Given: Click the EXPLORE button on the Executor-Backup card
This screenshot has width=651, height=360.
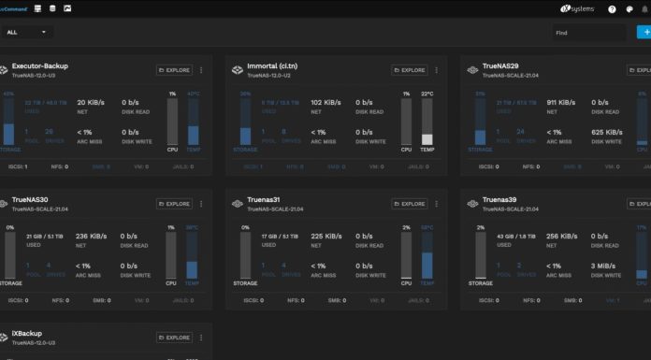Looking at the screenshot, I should tap(174, 70).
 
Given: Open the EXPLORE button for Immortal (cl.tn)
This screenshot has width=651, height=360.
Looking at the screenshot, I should tap(408, 70).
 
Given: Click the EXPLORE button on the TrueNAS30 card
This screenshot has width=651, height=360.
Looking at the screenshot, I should tap(174, 203).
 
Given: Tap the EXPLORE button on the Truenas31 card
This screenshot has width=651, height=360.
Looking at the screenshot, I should tap(408, 203).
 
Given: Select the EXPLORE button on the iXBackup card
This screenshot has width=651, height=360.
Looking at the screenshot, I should tap(174, 337).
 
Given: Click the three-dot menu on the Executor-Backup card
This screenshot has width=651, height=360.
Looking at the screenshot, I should tap(201, 70).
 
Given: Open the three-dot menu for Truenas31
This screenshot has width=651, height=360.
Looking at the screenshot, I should tap(435, 203).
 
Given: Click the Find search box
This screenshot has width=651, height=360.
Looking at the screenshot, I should tap(587, 32).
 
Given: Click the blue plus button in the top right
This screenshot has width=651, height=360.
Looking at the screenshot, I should tap(644, 32).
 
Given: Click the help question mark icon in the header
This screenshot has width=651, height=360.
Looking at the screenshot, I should tap(612, 8).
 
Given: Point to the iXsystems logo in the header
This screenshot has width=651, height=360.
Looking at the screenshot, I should tap(578, 8).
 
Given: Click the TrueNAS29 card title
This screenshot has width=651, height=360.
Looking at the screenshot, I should tap(500, 66).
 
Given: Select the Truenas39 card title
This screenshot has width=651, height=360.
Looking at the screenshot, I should tap(500, 199).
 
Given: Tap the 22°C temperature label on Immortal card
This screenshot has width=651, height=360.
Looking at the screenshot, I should tap(427, 94).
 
